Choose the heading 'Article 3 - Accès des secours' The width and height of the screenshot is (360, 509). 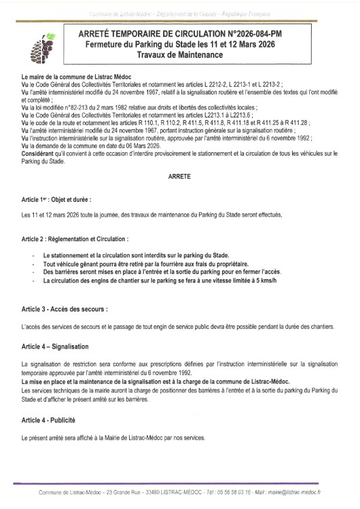pos(65,309)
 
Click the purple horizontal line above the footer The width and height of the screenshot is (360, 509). pos(179,484)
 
